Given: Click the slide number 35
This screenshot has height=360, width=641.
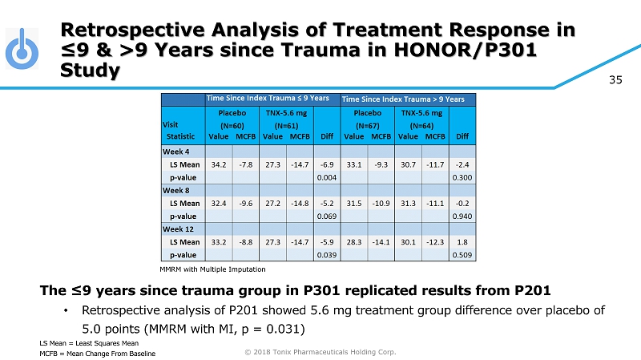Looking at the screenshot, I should pyautogui.click(x=615, y=79).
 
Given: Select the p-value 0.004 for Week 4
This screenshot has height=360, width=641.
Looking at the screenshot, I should pyautogui.click(x=326, y=176).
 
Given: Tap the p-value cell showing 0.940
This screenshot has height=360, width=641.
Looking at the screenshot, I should pyautogui.click(x=462, y=216).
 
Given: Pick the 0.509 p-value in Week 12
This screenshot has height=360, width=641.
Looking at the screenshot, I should pyautogui.click(x=462, y=254).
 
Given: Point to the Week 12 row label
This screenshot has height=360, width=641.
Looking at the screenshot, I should pyautogui.click(x=178, y=229).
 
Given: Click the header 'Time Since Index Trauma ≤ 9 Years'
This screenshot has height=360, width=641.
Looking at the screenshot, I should pyautogui.click(x=268, y=98).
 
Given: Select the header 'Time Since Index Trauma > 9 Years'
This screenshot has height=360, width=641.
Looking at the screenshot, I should pyautogui.click(x=403, y=99).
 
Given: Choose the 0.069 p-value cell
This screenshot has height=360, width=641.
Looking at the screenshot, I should pyautogui.click(x=326, y=216).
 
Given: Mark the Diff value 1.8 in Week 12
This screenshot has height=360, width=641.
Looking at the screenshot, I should pyautogui.click(x=462, y=241).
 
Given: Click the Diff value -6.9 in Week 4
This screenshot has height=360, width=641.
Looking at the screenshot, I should pyautogui.click(x=326, y=164).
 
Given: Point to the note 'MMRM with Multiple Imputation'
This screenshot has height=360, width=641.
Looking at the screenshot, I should pyautogui.click(x=212, y=269).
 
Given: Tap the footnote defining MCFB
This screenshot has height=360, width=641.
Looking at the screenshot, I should pyautogui.click(x=97, y=354).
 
